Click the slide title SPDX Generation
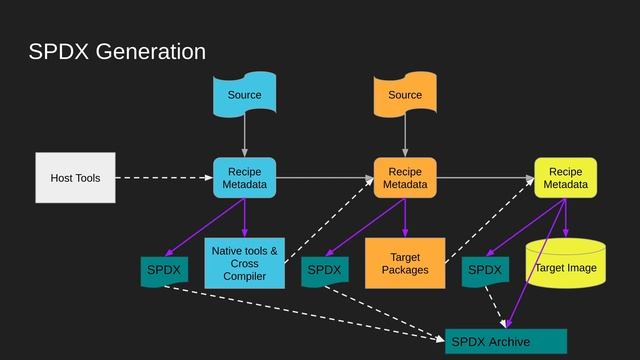(x=117, y=52)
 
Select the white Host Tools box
(x=75, y=178)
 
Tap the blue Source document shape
(x=244, y=94)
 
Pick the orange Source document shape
(x=405, y=94)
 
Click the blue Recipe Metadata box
(x=244, y=178)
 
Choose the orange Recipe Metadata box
(x=405, y=178)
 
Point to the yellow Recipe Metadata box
(x=565, y=178)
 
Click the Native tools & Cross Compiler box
(x=244, y=263)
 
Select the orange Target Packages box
(x=405, y=263)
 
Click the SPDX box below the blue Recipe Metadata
(x=164, y=270)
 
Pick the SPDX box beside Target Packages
(x=324, y=270)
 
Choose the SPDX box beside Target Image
(x=485, y=270)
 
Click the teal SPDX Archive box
(x=506, y=341)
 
